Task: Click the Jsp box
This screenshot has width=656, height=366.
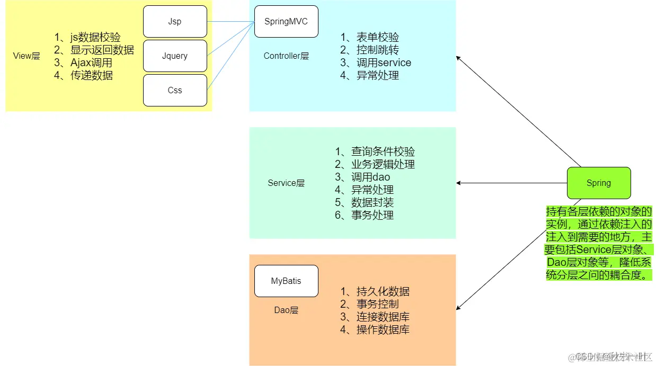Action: click(x=175, y=22)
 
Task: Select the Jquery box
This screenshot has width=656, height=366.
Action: click(x=175, y=56)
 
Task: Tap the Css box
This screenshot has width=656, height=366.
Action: click(x=175, y=90)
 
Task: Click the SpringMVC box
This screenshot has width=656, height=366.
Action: click(x=286, y=22)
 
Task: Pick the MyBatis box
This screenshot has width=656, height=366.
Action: click(x=286, y=281)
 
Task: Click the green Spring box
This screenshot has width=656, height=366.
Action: click(x=599, y=183)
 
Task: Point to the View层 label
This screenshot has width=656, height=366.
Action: click(x=26, y=56)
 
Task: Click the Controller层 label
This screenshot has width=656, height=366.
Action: click(x=286, y=56)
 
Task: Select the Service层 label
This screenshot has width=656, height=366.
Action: click(x=286, y=183)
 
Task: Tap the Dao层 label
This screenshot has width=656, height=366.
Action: click(x=286, y=310)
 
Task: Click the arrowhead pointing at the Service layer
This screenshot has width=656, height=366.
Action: click(x=459, y=183)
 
